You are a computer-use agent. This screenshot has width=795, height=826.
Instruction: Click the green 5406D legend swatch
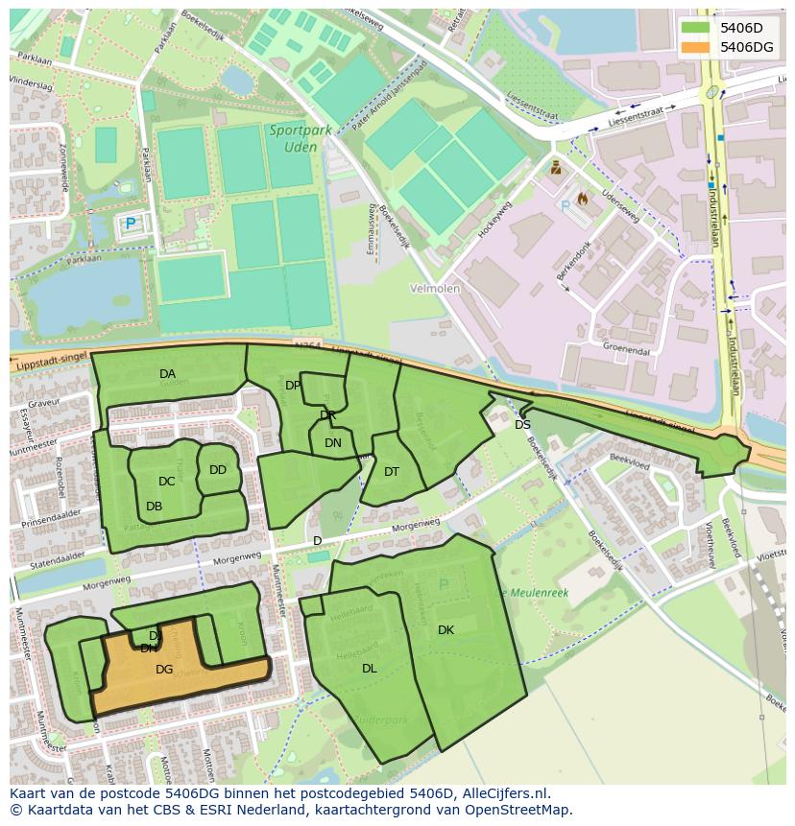pos(695,28)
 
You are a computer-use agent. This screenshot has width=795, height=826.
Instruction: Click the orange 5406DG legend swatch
pos(695,47)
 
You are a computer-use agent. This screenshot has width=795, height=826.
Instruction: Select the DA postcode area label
pos(168,374)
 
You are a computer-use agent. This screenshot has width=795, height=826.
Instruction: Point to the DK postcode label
pos(446,630)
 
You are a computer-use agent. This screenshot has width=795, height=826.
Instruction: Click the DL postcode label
pos(370,669)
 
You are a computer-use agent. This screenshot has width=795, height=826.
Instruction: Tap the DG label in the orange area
pos(164,670)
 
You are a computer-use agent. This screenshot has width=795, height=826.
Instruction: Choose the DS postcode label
pos(522,425)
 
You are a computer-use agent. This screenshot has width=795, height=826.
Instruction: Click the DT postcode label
pos(392,472)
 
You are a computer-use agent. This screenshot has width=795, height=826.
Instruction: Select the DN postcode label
pos(333,443)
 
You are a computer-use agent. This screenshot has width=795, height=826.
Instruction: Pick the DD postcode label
pos(218,470)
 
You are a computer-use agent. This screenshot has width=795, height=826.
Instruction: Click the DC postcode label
pos(167,482)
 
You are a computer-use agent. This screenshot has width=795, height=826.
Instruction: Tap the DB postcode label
pos(155,507)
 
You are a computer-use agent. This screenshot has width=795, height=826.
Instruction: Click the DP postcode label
pos(293,386)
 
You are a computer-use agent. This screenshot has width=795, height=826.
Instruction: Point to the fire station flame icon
pos(582,199)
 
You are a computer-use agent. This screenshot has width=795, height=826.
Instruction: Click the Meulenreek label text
pos(533,593)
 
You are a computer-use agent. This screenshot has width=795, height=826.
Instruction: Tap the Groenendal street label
pos(626,351)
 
